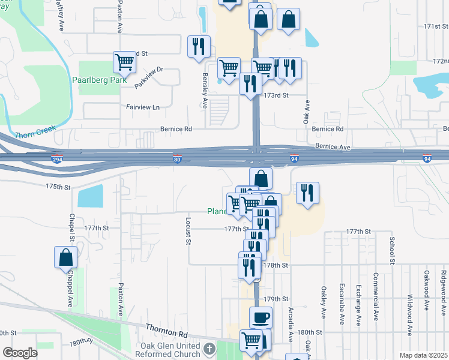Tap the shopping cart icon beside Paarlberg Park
coord(124,61)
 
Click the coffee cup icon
coord(260,317)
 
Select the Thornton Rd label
coord(166,330)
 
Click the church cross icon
coord(208,349)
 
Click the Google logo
coord(20,353)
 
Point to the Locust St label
coord(187,233)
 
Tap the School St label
coord(391,250)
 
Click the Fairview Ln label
coord(143,107)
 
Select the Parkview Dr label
coord(148,77)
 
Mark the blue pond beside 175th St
coord(90,196)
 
